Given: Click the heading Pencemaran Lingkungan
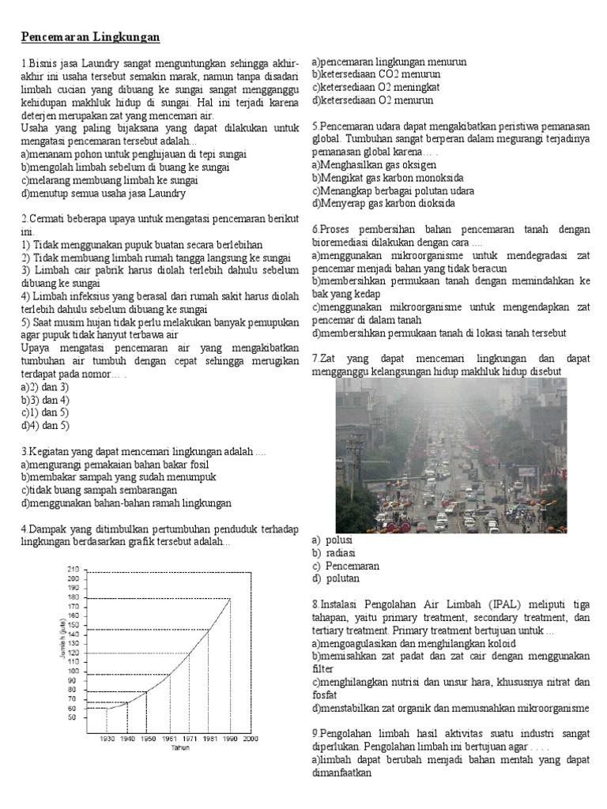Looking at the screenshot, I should point(90,37).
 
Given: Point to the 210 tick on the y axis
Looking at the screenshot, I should point(74,569).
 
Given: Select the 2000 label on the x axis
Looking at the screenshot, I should point(249,739).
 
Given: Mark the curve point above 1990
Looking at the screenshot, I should point(229,598).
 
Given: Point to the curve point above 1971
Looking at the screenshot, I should point(189,653).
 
